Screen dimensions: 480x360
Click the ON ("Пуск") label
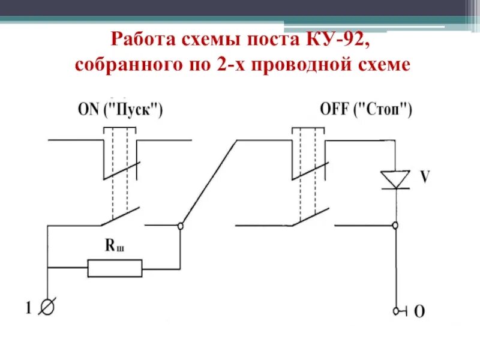120,111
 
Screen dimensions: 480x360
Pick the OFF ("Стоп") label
366,111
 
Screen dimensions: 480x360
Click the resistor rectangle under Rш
115,268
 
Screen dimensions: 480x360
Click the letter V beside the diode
424,178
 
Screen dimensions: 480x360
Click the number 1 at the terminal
28,309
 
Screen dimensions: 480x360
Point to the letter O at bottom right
420,311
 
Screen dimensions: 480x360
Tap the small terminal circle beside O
395,311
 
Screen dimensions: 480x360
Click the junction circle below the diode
395,226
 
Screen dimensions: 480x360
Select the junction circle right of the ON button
180,226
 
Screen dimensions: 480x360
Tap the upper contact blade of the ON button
122,170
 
